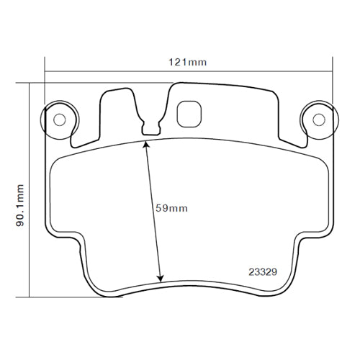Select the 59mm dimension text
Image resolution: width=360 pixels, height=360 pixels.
click(x=171, y=209)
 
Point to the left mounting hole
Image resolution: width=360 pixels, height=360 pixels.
click(x=60, y=119)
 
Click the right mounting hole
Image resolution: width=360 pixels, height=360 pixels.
click(x=318, y=119)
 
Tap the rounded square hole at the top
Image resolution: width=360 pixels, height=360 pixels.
click(x=189, y=112)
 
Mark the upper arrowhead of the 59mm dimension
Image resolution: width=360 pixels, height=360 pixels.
click(x=147, y=145)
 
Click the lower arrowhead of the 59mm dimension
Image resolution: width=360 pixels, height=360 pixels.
click(x=160, y=277)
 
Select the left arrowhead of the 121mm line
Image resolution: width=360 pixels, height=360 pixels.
click(x=48, y=71)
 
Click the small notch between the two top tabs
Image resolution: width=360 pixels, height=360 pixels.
click(x=151, y=129)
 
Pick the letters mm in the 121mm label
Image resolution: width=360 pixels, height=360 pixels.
click(x=198, y=63)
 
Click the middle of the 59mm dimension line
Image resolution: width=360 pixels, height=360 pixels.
click(x=153, y=211)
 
